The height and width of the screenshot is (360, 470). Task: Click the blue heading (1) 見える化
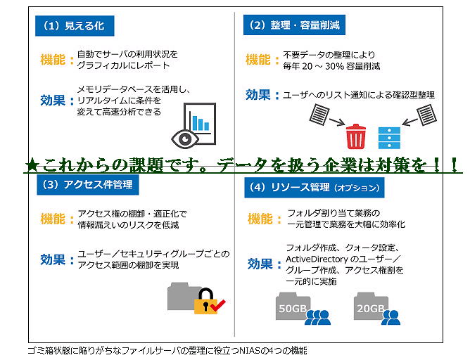point(75,26)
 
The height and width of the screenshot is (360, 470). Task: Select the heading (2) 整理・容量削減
point(294,25)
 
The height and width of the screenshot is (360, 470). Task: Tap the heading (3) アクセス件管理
point(88,184)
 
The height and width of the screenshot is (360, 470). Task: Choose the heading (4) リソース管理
point(314,188)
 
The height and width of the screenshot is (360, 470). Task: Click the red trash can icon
point(356,136)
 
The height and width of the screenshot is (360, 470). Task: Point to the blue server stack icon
point(389,138)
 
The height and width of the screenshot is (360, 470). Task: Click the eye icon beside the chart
point(184,139)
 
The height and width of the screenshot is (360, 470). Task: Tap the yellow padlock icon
point(205,301)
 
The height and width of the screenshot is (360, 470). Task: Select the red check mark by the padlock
point(218,305)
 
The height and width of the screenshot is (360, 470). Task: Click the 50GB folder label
point(293,308)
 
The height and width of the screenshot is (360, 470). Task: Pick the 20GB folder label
point(371,308)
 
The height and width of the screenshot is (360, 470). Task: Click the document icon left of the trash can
point(319,114)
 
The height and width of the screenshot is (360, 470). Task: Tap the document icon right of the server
point(427,115)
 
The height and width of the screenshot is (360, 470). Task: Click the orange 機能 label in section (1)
point(53,59)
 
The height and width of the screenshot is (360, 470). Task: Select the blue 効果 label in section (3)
point(53,259)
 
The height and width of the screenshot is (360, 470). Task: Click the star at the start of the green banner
point(32,165)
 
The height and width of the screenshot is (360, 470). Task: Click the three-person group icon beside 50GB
point(317,317)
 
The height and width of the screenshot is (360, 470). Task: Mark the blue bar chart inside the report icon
point(201,122)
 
